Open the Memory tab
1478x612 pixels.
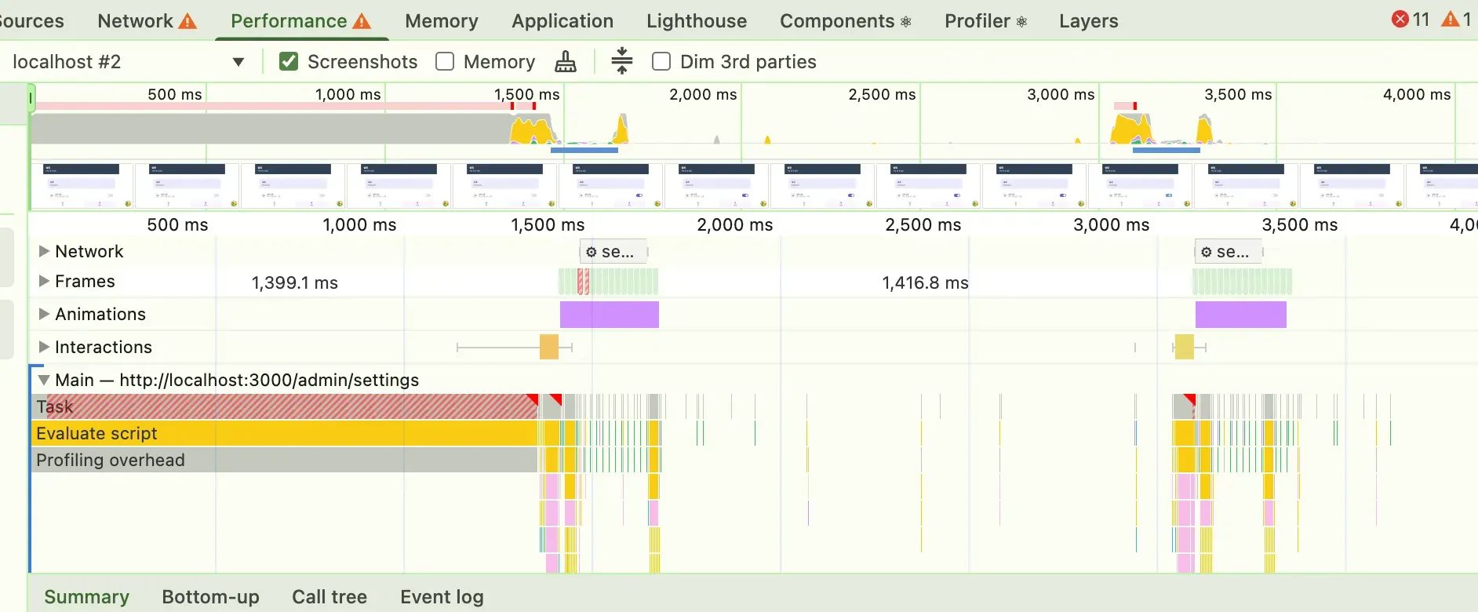tap(441, 21)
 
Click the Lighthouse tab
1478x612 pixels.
tap(696, 21)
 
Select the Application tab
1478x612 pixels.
tap(562, 21)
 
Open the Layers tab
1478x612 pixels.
tap(1088, 21)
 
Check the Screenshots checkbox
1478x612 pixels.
tap(289, 61)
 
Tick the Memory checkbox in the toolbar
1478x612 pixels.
tap(445, 61)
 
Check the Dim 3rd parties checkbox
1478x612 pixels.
tap(661, 61)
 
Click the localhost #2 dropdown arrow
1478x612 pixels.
tap(238, 62)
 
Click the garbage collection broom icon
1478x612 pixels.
tap(565, 61)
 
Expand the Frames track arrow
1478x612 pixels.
tap(44, 281)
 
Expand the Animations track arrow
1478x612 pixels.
tap(44, 314)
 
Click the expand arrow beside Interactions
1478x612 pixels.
tap(44, 347)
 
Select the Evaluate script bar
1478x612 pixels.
tap(282, 433)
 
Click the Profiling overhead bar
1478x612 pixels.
tap(282, 460)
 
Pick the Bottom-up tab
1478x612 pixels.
tap(210, 597)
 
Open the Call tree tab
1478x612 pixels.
tap(329, 597)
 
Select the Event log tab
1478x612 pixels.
tap(442, 597)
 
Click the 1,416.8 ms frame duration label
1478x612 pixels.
tap(925, 282)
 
